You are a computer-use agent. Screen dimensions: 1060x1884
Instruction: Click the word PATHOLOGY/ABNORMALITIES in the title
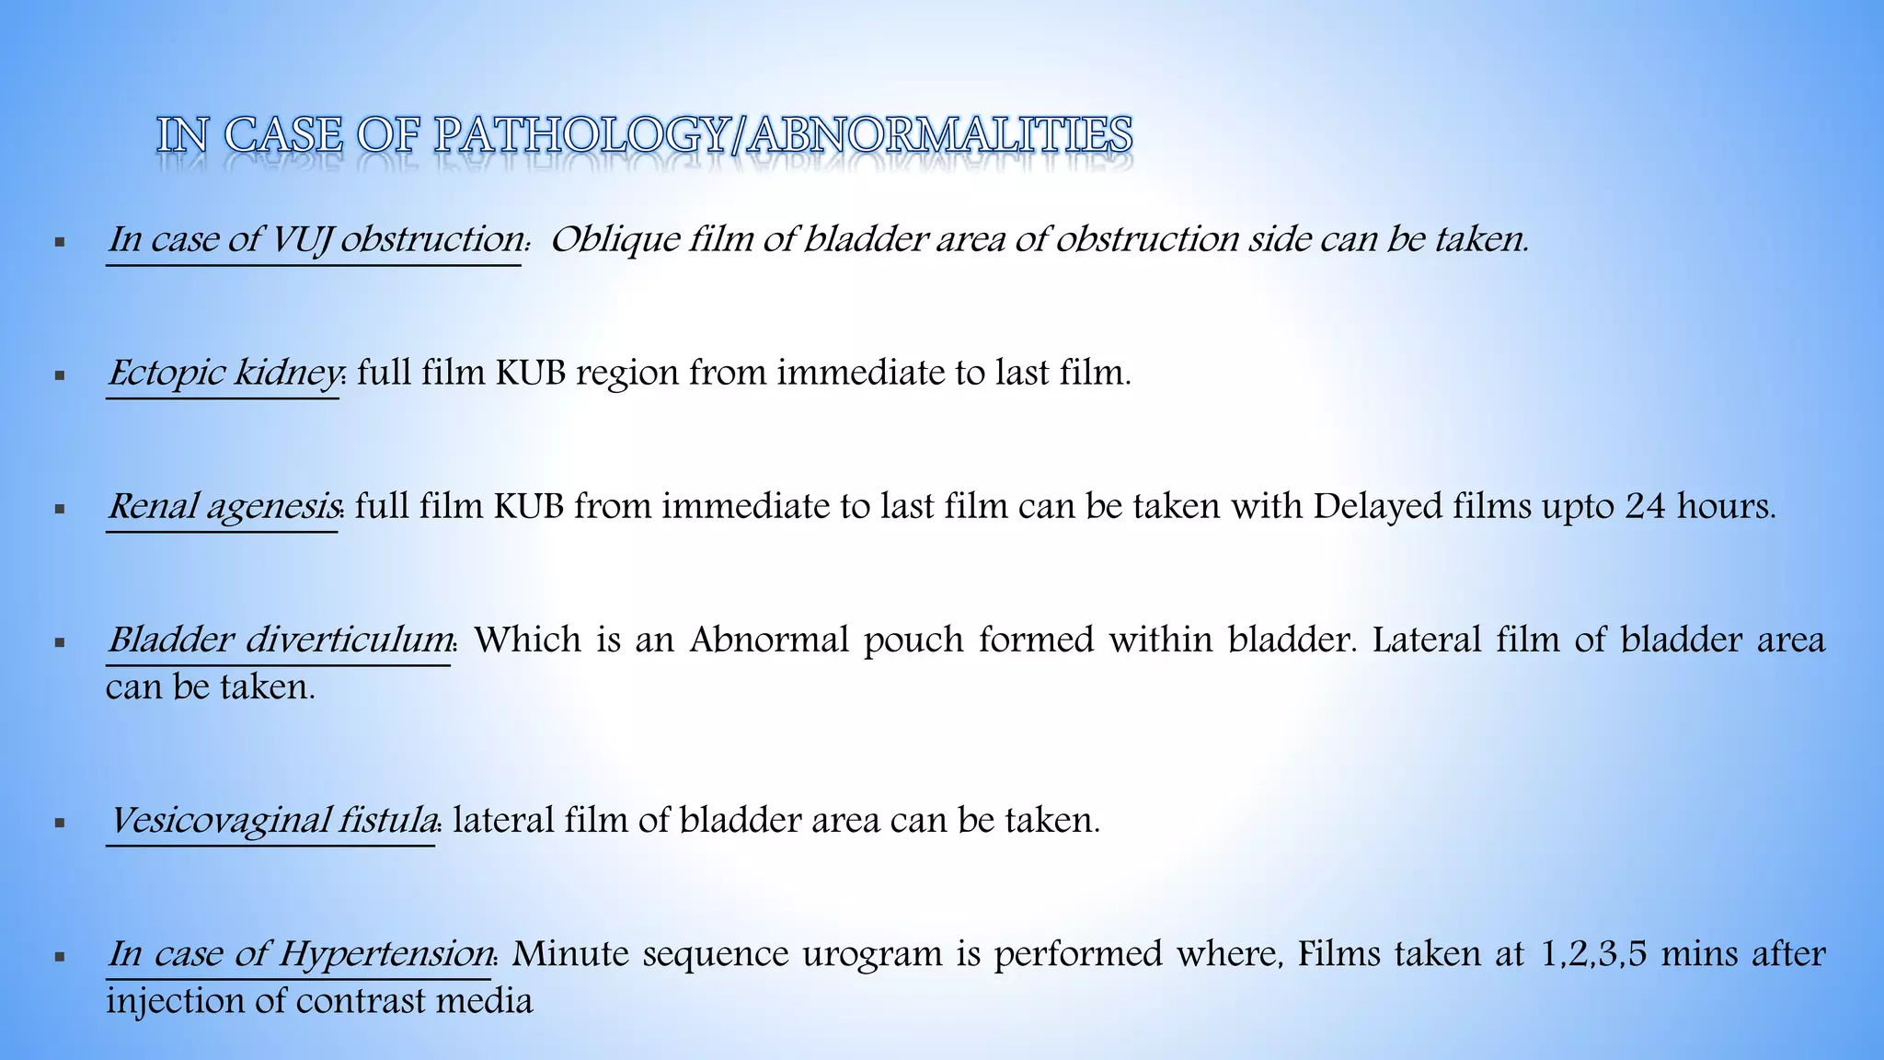coord(782,136)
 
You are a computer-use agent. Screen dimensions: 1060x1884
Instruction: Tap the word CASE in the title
coord(284,136)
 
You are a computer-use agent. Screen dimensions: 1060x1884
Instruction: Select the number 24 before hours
coord(1645,506)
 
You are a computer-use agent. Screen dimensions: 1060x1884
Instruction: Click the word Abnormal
coord(769,639)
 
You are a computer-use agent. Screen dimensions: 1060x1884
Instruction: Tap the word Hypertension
coord(385,953)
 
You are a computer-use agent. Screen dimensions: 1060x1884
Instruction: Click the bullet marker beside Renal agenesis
coord(60,508)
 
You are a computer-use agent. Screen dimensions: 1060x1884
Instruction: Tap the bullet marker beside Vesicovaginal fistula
coord(60,822)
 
